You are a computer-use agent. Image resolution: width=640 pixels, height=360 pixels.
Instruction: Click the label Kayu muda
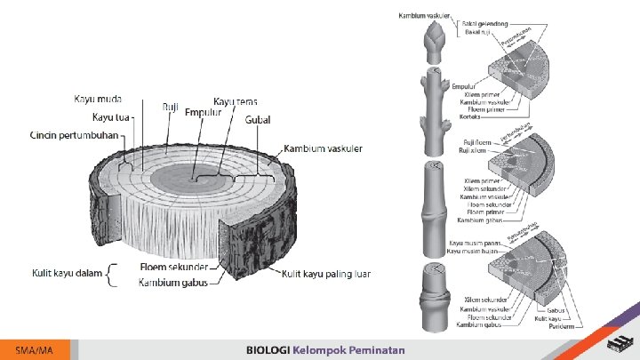pos(98,99)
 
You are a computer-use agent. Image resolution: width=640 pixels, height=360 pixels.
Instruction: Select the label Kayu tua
pos(113,117)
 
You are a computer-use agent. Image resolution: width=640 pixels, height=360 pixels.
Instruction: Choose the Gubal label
pos(259,120)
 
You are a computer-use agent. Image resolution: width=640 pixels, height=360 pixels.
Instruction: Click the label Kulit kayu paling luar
pos(326,273)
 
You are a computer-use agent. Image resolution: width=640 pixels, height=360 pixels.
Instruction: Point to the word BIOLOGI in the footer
pos(268,350)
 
